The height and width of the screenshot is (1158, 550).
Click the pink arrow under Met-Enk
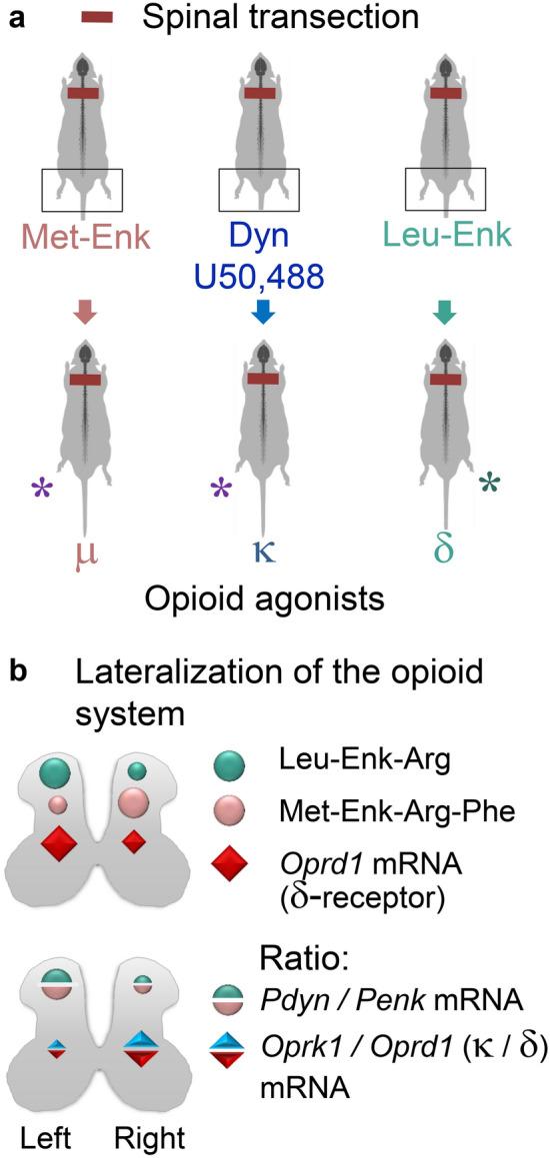click(x=82, y=314)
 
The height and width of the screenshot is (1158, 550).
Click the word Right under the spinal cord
click(x=147, y=1132)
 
